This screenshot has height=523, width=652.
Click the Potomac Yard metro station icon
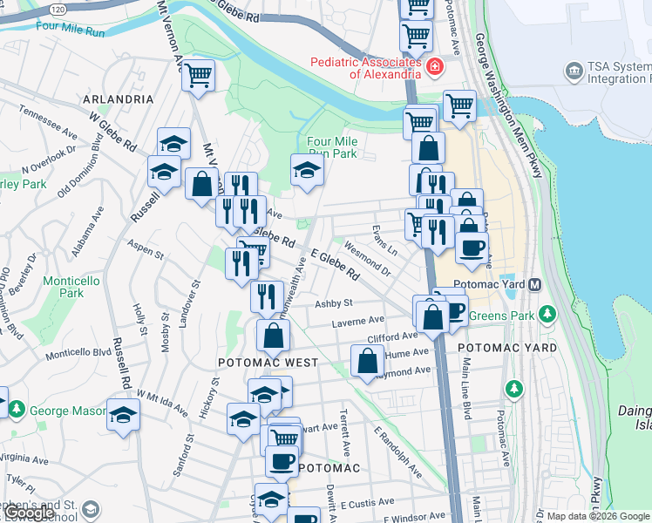point(535,285)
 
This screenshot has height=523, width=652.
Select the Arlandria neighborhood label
point(119,99)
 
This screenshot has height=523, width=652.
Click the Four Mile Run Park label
point(332,147)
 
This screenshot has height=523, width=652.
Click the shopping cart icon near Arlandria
point(199,75)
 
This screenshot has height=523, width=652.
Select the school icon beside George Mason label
point(123,415)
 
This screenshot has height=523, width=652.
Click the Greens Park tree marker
point(547,313)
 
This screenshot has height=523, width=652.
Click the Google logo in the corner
point(29,513)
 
